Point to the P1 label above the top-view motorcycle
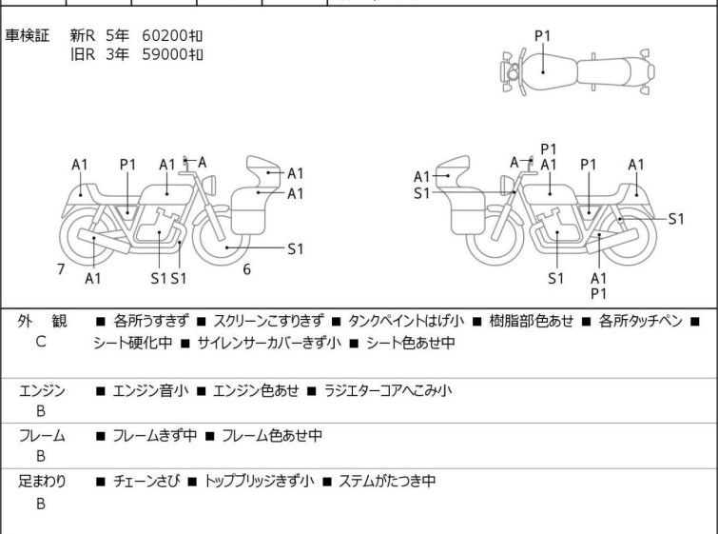(542, 36)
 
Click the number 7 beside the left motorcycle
(61, 269)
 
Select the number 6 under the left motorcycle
(246, 269)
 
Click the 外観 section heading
(42, 322)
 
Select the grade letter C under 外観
(41, 342)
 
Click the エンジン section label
(42, 390)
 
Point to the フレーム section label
(42, 436)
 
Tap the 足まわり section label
(42, 482)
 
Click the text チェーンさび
(145, 482)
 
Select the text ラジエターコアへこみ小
(388, 390)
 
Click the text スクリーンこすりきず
(269, 322)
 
